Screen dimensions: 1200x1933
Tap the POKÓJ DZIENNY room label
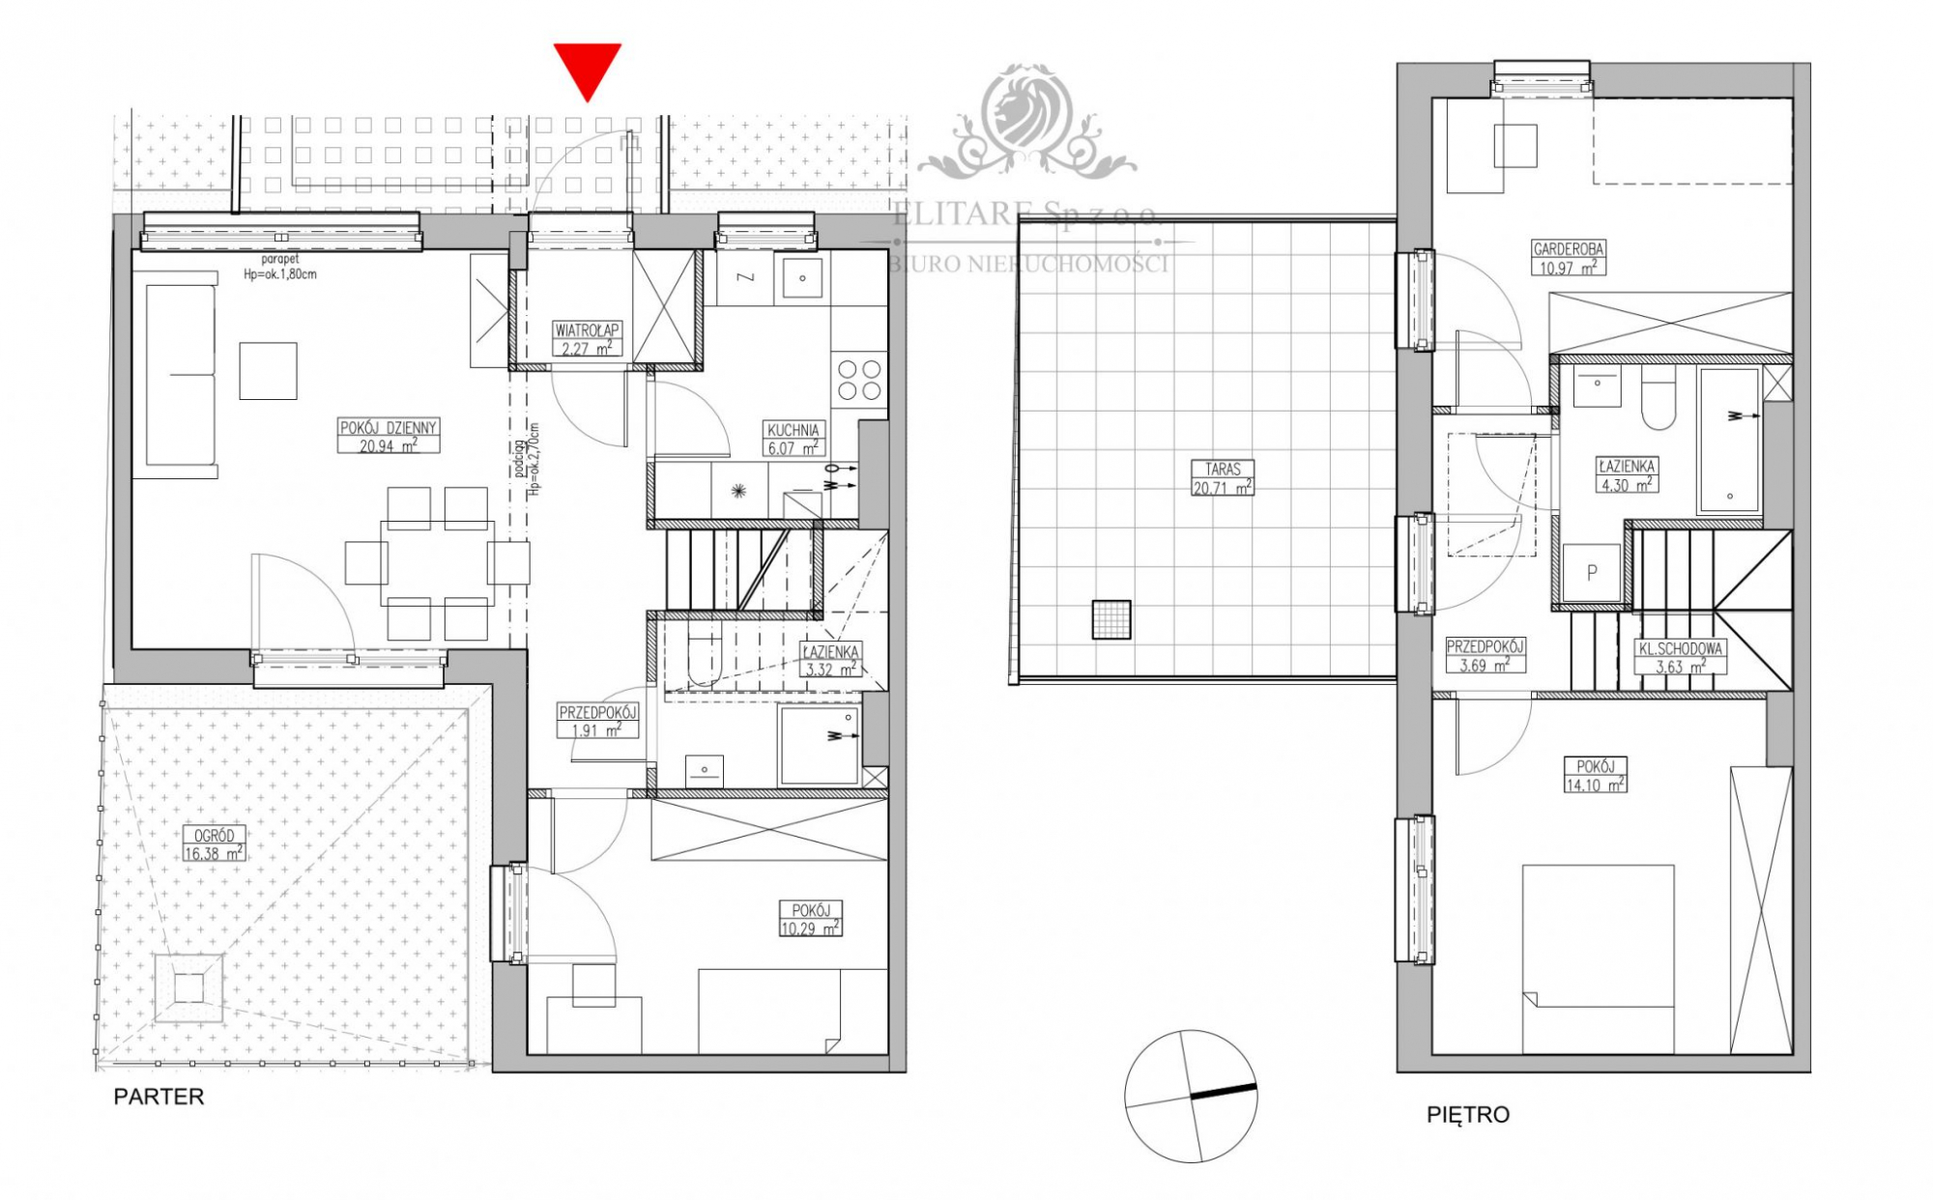pos(389,436)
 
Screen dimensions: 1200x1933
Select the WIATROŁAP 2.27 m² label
pos(587,339)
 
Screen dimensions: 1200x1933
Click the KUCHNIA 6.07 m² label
pos(793,439)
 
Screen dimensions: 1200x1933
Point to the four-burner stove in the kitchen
pos(859,379)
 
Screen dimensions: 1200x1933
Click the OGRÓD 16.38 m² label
pos(214,843)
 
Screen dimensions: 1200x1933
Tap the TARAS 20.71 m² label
pos(1223,478)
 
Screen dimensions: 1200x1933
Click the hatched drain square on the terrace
pos(1111,619)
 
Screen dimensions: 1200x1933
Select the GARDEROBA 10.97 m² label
pos(1568,258)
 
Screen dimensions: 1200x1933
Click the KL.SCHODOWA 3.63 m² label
pos(1680,658)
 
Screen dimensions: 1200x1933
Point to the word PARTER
pos(159,1097)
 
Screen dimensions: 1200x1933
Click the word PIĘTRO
pos(1467,1114)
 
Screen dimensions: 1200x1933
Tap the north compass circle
pos(1191,1096)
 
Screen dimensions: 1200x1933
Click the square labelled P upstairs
pos(1591,573)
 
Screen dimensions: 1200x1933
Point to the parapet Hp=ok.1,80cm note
pos(279,267)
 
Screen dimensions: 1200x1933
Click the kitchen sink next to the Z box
pos(801,277)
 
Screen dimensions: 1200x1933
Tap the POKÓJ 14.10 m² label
pos(1595,775)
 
